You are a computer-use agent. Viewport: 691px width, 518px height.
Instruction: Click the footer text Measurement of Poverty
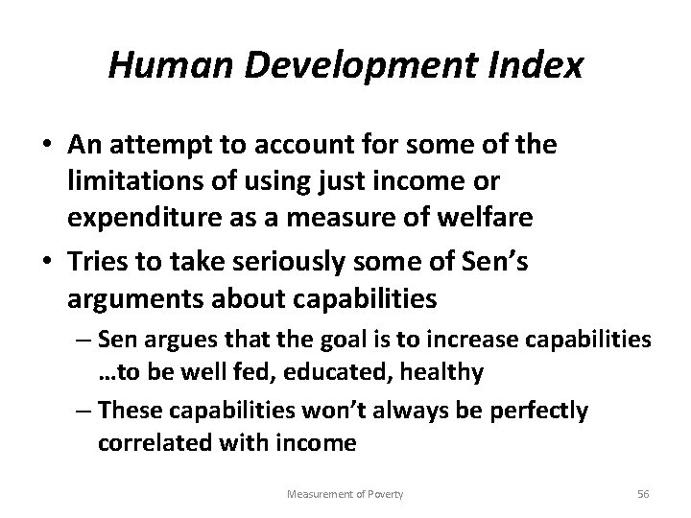(346, 493)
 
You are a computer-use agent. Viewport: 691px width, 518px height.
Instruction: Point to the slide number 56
(643, 493)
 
